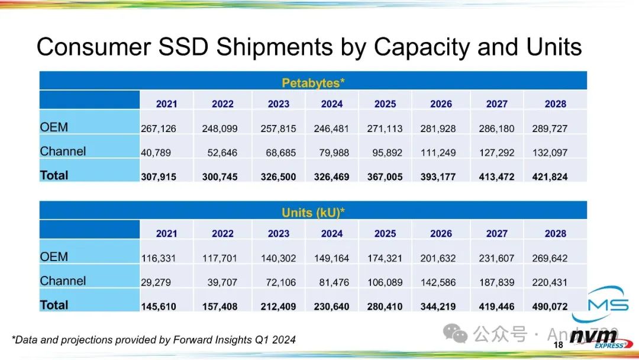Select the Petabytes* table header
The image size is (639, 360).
tap(314, 83)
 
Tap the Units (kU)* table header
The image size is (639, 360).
tap(314, 213)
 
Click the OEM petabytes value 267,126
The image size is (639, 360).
tap(159, 128)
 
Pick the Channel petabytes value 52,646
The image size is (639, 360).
tap(222, 153)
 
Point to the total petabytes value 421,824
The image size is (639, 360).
tap(550, 177)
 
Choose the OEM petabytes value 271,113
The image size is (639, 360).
tap(385, 128)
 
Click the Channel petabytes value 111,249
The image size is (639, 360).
tap(438, 153)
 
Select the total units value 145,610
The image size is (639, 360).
tap(159, 307)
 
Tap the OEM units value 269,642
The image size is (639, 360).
tap(550, 258)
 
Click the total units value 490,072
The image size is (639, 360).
tap(550, 307)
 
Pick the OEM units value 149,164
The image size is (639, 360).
tap(331, 258)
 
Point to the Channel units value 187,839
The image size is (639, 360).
tap(496, 282)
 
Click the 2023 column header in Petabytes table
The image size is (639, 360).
tap(278, 104)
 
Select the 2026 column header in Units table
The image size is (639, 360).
tap(441, 234)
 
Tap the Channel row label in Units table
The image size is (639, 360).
tap(63, 281)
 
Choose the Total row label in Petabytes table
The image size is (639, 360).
tap(54, 175)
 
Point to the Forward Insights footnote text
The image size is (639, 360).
tap(154, 340)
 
